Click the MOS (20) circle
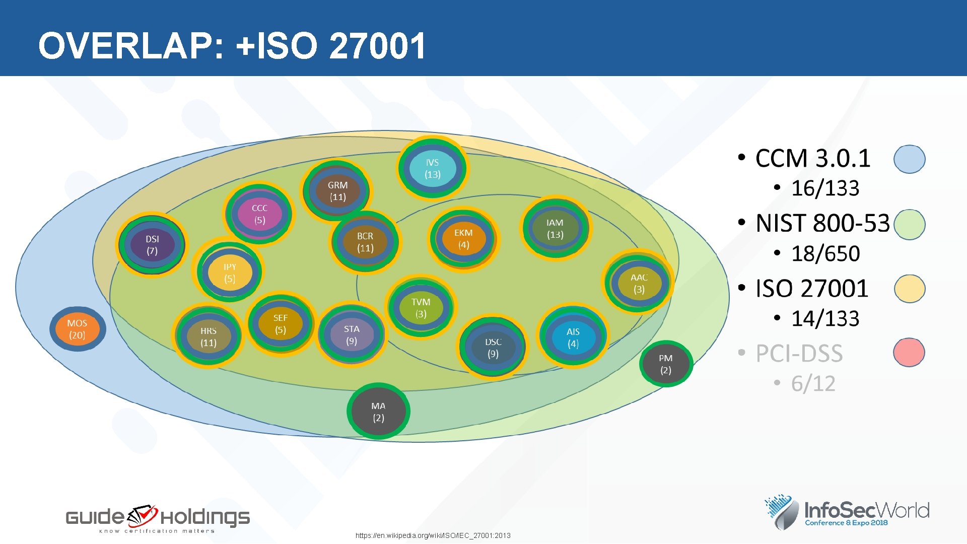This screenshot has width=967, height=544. coord(77,329)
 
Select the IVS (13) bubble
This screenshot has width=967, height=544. coord(432,168)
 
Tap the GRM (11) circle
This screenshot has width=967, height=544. coord(337,191)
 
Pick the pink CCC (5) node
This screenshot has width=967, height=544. coord(259,214)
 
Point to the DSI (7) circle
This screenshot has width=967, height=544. coord(152,245)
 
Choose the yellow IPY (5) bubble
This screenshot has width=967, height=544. coord(230,273)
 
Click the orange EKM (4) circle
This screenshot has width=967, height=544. coord(463,239)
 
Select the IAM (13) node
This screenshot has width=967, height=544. coord(555,229)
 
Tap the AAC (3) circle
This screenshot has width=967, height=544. coord(639,283)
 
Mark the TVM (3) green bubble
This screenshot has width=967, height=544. coord(421,308)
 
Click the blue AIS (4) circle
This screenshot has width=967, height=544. coord(573,337)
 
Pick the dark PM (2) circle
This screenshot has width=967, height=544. coord(666,364)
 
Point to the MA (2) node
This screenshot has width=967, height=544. coord(378,412)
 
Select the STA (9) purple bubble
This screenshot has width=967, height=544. coord(352,335)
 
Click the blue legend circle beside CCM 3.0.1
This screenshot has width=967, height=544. coord(909,159)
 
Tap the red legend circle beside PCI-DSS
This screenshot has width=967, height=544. coord(909,353)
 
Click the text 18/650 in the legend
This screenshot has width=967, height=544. coord(825,253)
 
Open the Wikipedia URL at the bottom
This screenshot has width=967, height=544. coord(433,535)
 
